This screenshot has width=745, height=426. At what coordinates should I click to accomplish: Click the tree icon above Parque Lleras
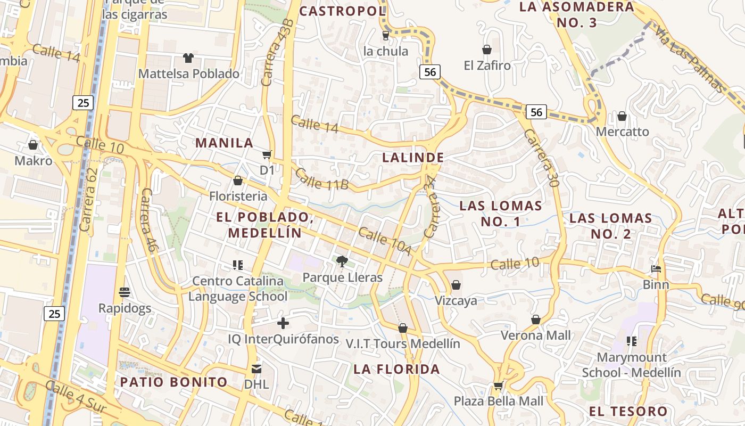coord(342,261)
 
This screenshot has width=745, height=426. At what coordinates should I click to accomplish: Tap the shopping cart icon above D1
coord(267,155)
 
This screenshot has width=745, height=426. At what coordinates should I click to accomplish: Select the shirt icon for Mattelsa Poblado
coord(188,58)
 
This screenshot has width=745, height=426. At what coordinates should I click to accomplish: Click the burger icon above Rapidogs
coord(125,292)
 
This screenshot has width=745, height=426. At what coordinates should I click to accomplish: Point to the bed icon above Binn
coord(656,269)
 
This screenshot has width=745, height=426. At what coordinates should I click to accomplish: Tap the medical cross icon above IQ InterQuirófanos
coord(283,323)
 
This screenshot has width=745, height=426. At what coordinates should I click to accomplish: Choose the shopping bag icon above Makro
coord(33,145)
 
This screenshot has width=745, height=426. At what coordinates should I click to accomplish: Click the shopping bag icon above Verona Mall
coord(536,319)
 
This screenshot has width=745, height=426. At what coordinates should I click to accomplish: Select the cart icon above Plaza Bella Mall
coord(498,385)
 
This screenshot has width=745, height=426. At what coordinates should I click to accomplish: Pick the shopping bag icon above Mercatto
coord(622,116)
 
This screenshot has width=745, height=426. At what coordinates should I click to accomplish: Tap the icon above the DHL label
coord(256,368)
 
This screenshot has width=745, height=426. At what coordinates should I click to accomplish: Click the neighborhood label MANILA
coord(224,143)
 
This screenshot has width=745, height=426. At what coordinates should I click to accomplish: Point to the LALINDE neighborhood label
coord(413,158)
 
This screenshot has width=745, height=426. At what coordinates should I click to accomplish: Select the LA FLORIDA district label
coord(397,369)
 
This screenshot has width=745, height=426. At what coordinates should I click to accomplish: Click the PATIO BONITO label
coord(173,382)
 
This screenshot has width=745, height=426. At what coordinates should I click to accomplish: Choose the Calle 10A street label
coord(384,241)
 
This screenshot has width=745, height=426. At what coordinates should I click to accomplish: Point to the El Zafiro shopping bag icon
coord(486,50)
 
